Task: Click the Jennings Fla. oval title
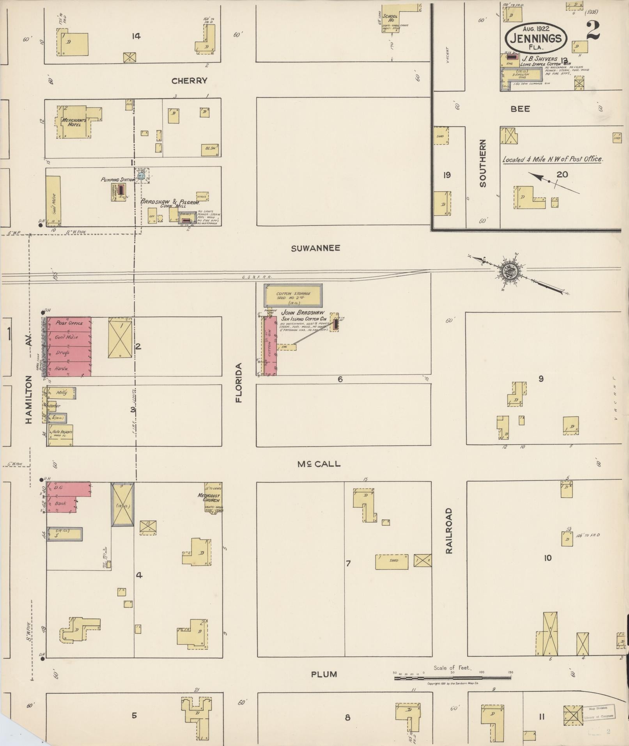pyautogui.click(x=536, y=39)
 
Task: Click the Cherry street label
pyautogui.click(x=189, y=81)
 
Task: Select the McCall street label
pyautogui.click(x=319, y=464)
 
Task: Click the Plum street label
pyautogui.click(x=324, y=674)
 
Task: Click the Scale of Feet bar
pyautogui.click(x=452, y=678)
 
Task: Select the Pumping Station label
pyautogui.click(x=117, y=180)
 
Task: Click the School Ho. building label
pyautogui.click(x=390, y=18)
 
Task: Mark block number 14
pyautogui.click(x=136, y=36)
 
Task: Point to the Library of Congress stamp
pyautogui.click(x=599, y=713)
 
